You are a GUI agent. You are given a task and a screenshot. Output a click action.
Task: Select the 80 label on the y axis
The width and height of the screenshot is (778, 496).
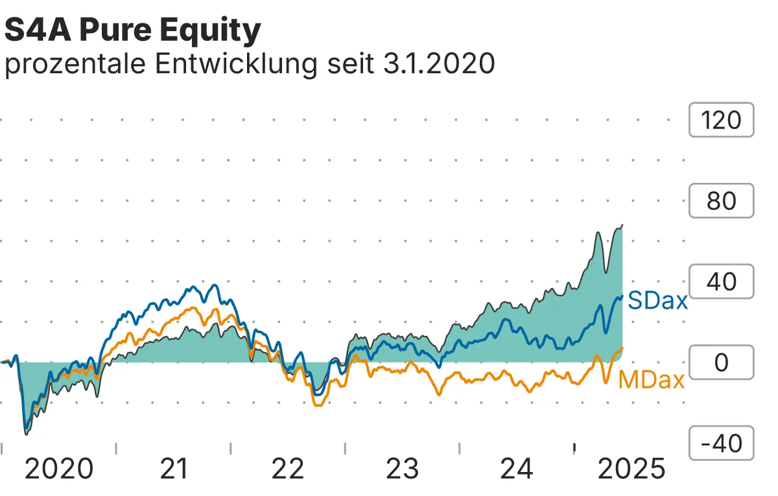tap(721, 201)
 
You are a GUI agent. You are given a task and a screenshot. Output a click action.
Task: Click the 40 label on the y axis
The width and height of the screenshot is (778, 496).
tap(721, 282)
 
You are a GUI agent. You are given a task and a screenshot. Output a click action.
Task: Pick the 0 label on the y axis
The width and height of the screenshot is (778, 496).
tap(721, 362)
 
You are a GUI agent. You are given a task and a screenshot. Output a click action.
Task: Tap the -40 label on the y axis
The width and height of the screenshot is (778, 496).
tap(721, 443)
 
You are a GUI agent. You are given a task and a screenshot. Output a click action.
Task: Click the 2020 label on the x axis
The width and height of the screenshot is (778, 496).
tap(59, 469)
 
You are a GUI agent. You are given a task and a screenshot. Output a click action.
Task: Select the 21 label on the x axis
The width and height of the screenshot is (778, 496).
tap(173, 469)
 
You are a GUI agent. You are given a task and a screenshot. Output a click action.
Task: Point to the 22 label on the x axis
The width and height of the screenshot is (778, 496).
tap(288, 469)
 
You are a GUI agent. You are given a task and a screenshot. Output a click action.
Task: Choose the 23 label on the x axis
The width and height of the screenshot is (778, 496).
tap(403, 469)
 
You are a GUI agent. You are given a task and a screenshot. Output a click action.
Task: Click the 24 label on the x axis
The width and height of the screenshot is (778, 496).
tap(517, 469)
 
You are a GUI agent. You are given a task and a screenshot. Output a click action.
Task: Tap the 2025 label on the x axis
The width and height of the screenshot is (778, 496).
tap(631, 469)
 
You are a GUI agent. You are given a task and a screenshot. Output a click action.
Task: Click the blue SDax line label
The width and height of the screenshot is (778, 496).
tap(658, 301)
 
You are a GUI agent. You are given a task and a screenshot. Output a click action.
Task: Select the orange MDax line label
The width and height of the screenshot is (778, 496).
tap(652, 380)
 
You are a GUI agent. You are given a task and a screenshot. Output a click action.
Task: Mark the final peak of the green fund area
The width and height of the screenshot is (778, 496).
tap(622, 226)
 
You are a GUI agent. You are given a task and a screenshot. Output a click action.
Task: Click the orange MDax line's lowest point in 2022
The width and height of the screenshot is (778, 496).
tap(317, 405)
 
